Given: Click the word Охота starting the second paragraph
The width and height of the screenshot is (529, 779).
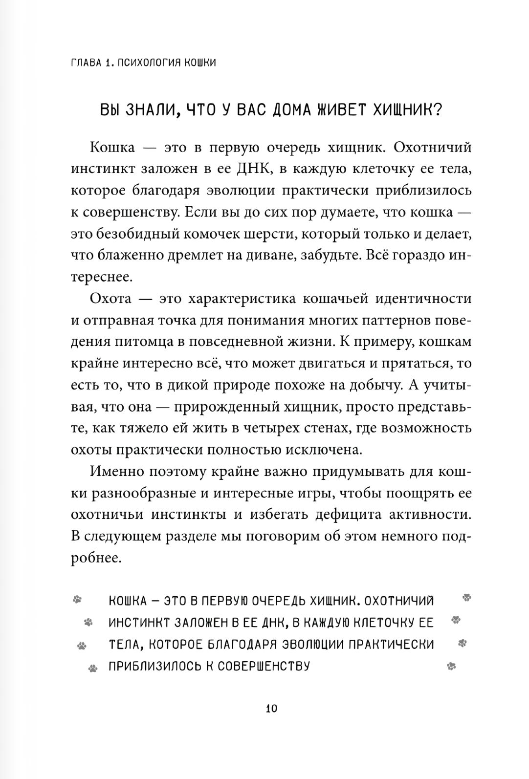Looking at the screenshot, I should coord(112,299).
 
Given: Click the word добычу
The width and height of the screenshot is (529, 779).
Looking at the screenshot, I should coord(372,385).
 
